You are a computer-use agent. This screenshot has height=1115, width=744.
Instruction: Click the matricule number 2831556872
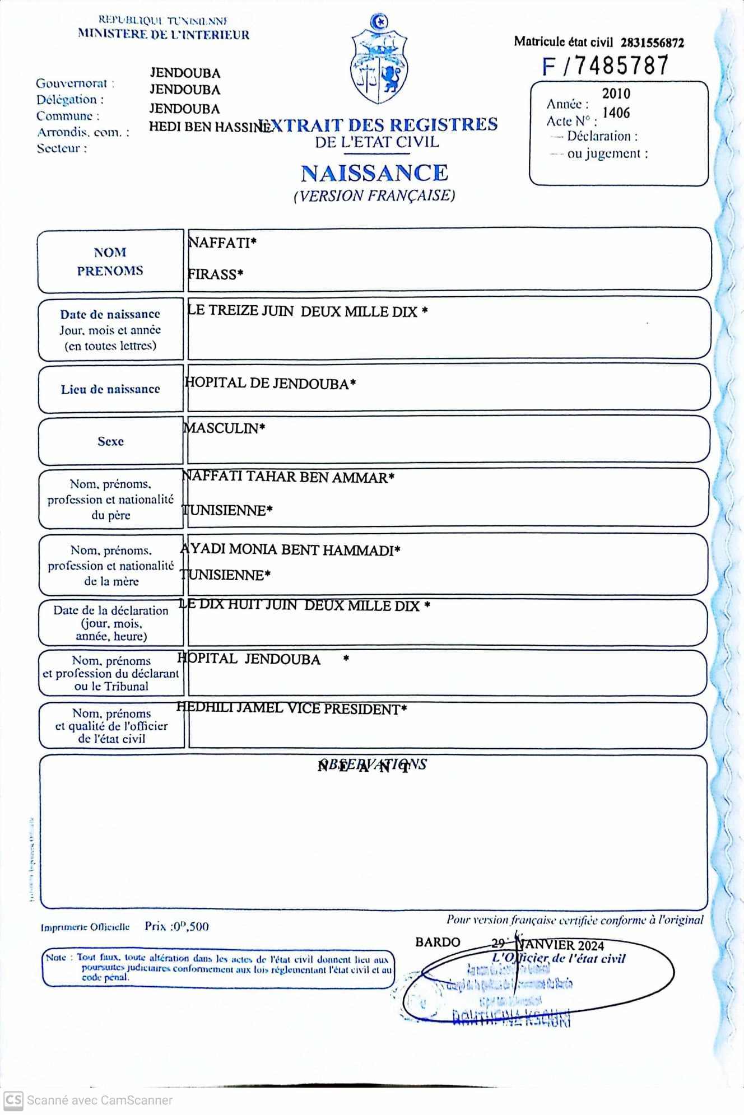tap(652, 43)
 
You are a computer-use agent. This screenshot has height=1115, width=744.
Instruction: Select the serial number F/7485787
tap(605, 66)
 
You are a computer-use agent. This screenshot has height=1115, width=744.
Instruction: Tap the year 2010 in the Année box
tap(616, 94)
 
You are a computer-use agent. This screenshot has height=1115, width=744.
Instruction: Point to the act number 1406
tap(616, 113)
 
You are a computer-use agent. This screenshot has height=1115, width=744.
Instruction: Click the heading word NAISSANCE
tap(374, 173)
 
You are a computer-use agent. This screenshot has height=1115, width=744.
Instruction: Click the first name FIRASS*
tap(215, 274)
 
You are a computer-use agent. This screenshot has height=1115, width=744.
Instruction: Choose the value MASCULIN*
tap(224, 428)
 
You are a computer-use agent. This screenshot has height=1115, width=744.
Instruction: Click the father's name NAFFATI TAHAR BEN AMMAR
tap(288, 477)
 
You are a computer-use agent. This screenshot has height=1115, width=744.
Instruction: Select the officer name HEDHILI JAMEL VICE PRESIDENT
tap(291, 708)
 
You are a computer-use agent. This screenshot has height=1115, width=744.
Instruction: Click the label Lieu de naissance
tap(110, 389)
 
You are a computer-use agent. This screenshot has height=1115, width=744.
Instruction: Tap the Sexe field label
tap(110, 441)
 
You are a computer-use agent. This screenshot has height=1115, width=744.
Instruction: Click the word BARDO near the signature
tap(438, 942)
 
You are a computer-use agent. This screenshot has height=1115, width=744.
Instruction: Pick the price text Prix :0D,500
tap(176, 926)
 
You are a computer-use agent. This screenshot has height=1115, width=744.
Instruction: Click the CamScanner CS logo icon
tap(13, 1100)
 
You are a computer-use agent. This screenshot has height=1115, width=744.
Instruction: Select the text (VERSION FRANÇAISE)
tap(374, 195)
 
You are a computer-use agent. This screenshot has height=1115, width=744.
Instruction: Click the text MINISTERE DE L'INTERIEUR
tap(164, 35)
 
